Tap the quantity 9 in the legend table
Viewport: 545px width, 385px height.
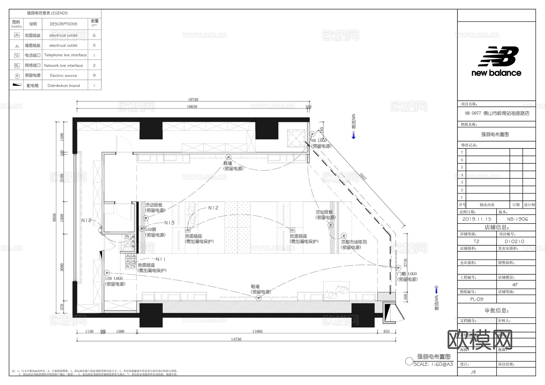tap(94, 75)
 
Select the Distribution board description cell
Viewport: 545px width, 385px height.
tap(64, 86)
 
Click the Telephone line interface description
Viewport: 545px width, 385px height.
tap(65, 55)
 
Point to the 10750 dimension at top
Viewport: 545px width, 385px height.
tap(193, 100)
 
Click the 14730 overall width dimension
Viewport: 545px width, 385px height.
tap(236, 339)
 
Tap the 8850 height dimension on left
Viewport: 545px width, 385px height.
tap(54, 217)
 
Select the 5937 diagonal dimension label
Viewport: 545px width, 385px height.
tap(363, 177)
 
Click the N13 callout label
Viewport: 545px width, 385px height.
tap(169, 223)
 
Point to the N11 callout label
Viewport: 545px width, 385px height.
tap(161, 259)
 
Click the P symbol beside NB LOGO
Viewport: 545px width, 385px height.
tap(312, 134)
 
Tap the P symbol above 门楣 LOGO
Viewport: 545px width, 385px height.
tap(398, 268)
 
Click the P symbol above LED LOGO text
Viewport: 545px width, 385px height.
tap(107, 273)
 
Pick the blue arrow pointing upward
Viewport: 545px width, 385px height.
tap(436, 289)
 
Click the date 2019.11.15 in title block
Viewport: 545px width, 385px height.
tap(477, 219)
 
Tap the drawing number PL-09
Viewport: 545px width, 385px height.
tap(477, 299)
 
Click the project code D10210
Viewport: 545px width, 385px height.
tap(514, 241)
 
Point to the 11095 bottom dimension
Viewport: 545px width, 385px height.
tap(257, 331)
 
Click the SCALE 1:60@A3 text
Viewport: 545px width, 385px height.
tap(433, 364)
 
